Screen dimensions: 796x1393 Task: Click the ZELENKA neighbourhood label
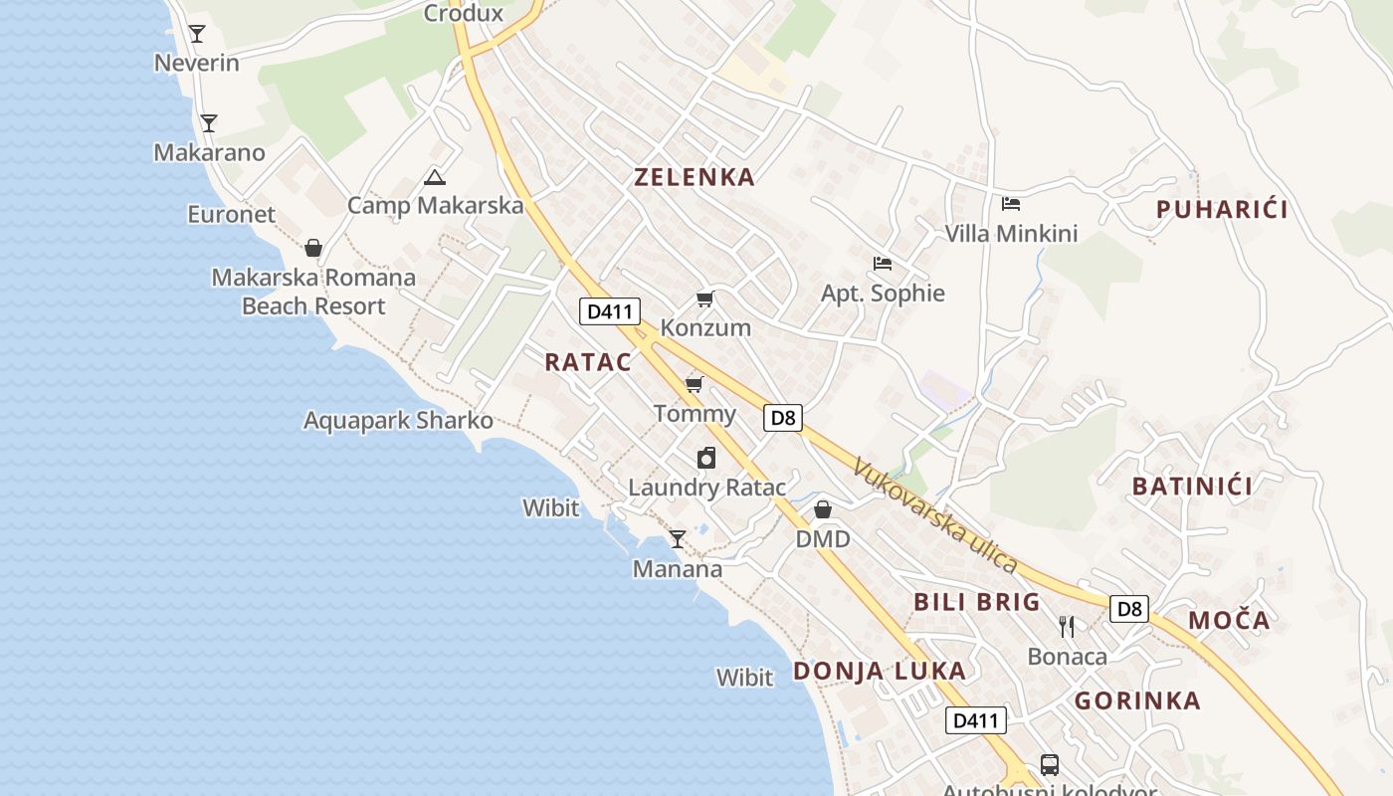pyautogui.click(x=695, y=178)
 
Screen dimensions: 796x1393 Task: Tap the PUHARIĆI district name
pyautogui.click(x=1222, y=210)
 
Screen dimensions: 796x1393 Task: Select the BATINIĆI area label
pyautogui.click(x=1192, y=487)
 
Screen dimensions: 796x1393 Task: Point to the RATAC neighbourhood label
pyautogui.click(x=588, y=362)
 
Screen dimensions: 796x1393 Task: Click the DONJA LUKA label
pyautogui.click(x=880, y=671)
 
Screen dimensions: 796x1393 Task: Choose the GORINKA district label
pyautogui.click(x=1137, y=700)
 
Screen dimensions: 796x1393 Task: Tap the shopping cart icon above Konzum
pyautogui.click(x=705, y=298)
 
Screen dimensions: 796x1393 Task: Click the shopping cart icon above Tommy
pyautogui.click(x=694, y=384)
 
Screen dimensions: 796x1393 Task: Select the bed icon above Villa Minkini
pyautogui.click(x=1011, y=204)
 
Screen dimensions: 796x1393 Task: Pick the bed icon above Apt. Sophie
pyautogui.click(x=882, y=264)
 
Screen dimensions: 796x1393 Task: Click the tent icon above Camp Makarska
pyautogui.click(x=434, y=178)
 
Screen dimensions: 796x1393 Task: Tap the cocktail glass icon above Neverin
pyautogui.click(x=197, y=34)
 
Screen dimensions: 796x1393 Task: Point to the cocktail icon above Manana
pyautogui.click(x=678, y=539)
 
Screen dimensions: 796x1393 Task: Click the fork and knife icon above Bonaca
pyautogui.click(x=1067, y=626)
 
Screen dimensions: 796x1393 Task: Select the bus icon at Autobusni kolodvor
pyautogui.click(x=1050, y=764)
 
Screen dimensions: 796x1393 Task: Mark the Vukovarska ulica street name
pyautogui.click(x=935, y=516)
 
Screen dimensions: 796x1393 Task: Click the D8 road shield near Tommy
pyautogui.click(x=783, y=418)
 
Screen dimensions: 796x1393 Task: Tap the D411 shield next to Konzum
pyautogui.click(x=610, y=311)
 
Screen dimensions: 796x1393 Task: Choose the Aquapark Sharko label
pyautogui.click(x=398, y=420)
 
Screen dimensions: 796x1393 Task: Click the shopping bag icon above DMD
pyautogui.click(x=823, y=509)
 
